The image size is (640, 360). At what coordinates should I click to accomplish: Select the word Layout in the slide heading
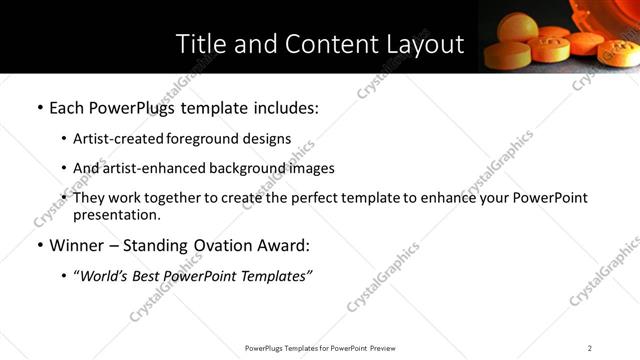tap(424, 44)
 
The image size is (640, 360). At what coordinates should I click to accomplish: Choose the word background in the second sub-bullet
tap(246, 168)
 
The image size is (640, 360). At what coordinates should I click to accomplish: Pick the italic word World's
tap(107, 276)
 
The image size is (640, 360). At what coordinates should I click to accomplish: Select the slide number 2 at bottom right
tap(589, 348)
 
